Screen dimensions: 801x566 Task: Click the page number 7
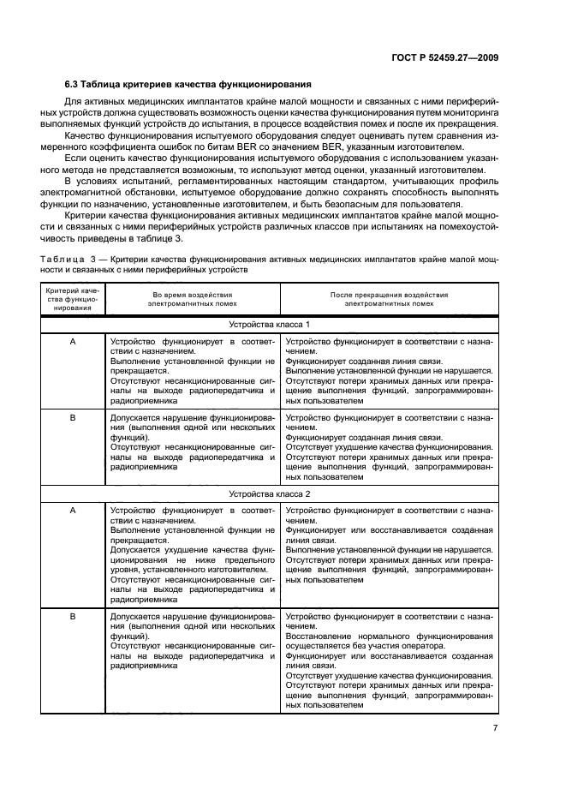pos(496,729)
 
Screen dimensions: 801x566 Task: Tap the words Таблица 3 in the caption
pos(71,258)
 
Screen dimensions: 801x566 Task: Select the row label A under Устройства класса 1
pos(72,341)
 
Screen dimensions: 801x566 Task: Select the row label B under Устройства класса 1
pos(72,417)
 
